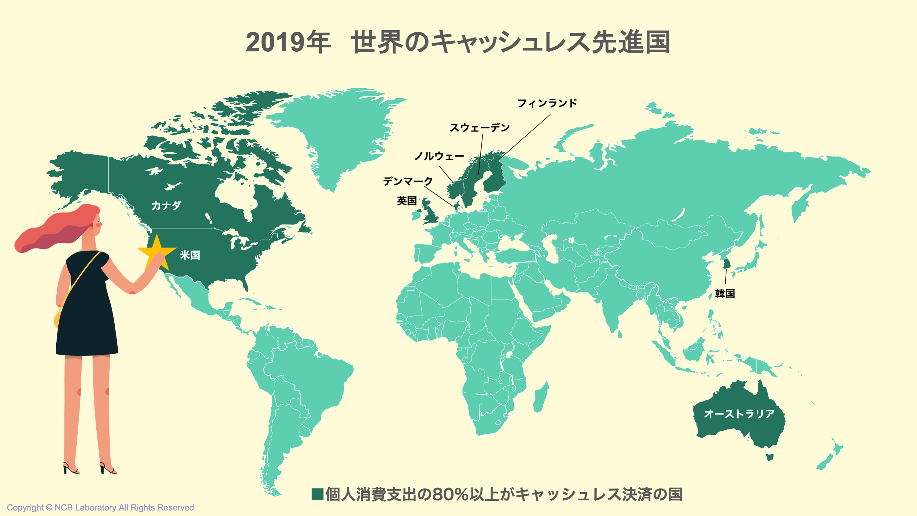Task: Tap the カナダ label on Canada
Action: (166, 206)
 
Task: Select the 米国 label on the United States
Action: (190, 255)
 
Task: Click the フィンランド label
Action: (547, 103)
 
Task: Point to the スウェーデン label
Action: (479, 128)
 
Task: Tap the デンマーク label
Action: (408, 181)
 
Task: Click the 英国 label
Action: (407, 201)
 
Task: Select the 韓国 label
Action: (725, 294)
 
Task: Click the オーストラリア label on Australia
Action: (739, 414)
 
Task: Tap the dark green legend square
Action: (317, 494)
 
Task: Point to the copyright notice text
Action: (100, 507)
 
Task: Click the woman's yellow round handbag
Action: (57, 319)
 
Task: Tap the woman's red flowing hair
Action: (54, 232)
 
